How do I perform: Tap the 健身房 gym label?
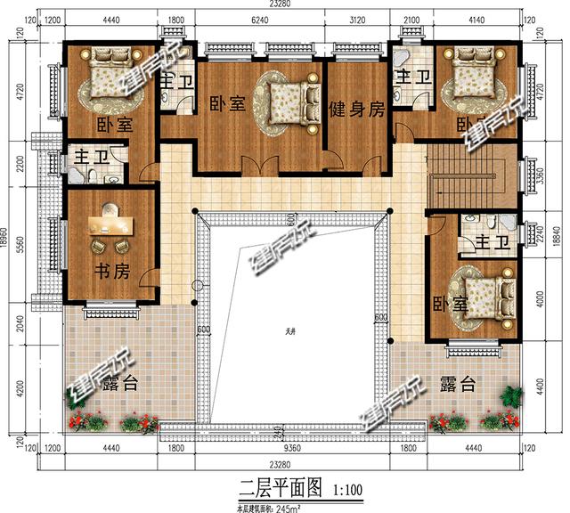click(x=356, y=110)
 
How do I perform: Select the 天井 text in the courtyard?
click(x=290, y=332)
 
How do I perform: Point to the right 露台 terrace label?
click(x=457, y=385)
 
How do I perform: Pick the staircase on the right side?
click(x=472, y=174)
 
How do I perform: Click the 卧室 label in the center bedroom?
click(x=227, y=103)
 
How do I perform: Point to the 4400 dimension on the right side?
click(x=553, y=389)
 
